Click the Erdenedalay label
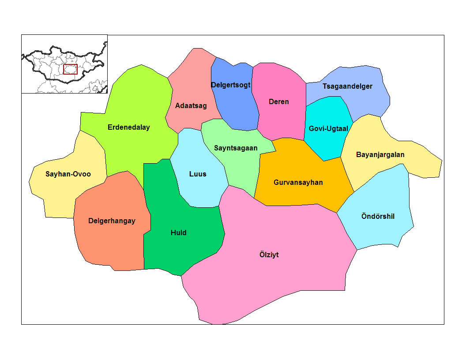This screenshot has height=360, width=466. (x=128, y=127)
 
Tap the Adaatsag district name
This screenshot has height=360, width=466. (x=191, y=106)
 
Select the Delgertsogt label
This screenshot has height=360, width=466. (x=231, y=85)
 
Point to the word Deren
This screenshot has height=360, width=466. (x=278, y=102)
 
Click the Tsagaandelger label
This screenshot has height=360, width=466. (x=347, y=86)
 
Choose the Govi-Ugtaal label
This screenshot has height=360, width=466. (x=328, y=129)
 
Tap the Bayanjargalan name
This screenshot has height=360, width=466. (x=380, y=155)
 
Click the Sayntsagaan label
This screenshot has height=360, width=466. (x=236, y=148)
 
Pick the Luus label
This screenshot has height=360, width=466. (x=198, y=174)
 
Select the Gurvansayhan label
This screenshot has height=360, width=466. (x=298, y=182)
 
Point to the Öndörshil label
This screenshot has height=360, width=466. (x=378, y=217)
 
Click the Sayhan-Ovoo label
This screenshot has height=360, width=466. (x=68, y=174)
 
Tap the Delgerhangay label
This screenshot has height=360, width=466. (x=112, y=221)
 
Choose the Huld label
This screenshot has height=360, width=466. (x=179, y=232)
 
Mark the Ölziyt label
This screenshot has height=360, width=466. (x=269, y=255)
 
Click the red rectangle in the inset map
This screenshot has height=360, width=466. (x=70, y=69)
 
